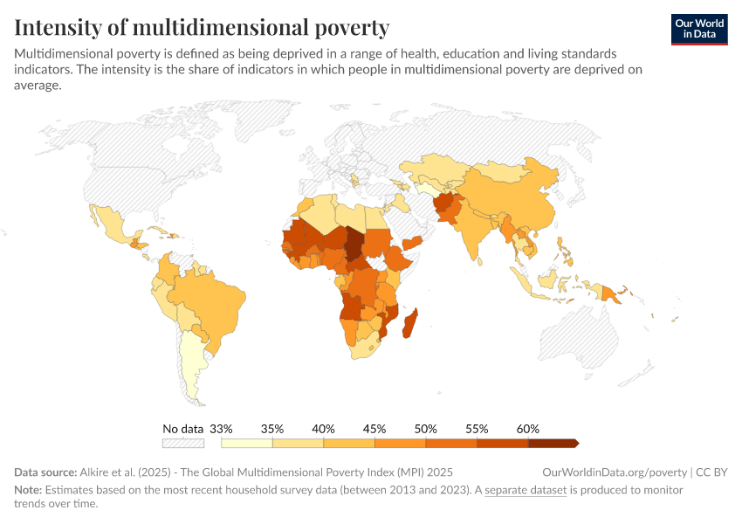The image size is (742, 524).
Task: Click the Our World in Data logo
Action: pyautogui.click(x=698, y=29)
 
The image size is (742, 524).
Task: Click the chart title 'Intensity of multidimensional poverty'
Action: pyautogui.click(x=202, y=27)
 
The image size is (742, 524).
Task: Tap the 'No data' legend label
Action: pyautogui.click(x=182, y=429)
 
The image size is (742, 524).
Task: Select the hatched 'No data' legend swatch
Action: pyautogui.click(x=182, y=444)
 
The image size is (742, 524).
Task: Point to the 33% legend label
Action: pyautogui.click(x=222, y=429)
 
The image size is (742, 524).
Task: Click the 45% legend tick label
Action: pyautogui.click(x=374, y=429)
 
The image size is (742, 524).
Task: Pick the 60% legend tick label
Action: pyautogui.click(x=528, y=429)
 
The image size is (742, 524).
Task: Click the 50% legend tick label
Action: pyautogui.click(x=426, y=429)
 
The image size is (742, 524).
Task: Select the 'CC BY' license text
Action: pyautogui.click(x=711, y=472)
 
